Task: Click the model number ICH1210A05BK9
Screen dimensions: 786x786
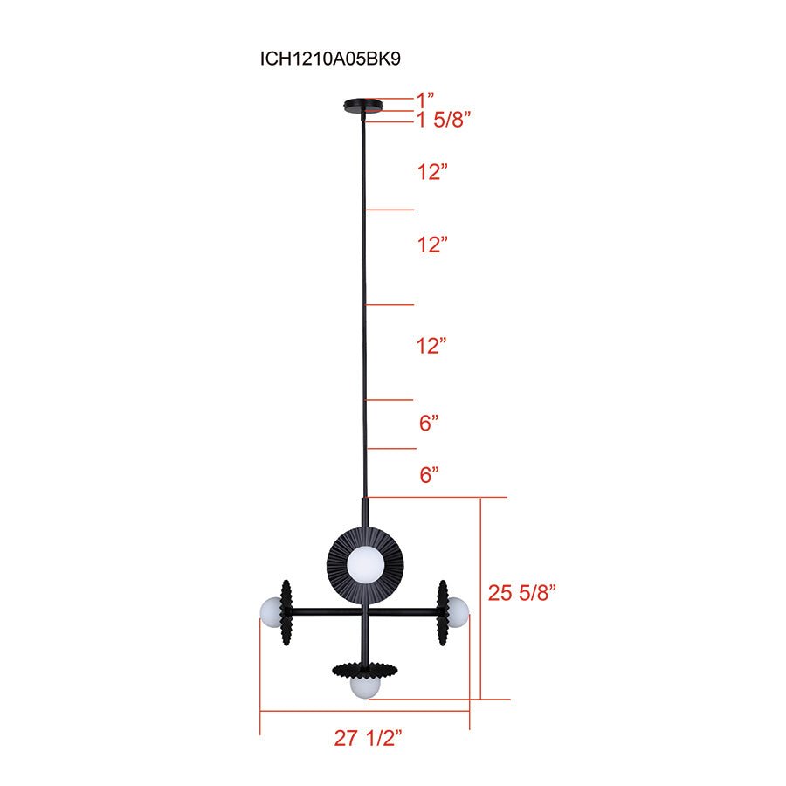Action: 329,59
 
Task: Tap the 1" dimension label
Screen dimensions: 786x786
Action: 425,100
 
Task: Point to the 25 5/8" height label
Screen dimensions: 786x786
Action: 522,592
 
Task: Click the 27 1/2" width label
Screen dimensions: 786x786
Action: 367,738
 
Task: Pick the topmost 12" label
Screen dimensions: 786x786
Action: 432,172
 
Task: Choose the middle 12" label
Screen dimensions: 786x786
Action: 432,245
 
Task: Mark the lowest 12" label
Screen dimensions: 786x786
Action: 432,346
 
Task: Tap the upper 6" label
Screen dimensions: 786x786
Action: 428,424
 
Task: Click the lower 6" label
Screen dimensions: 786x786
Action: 428,475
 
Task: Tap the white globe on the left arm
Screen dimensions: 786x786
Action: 271,610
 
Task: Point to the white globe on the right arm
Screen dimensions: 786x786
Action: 457,608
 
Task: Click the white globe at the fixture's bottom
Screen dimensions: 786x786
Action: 364,686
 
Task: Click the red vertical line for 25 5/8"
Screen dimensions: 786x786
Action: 481,598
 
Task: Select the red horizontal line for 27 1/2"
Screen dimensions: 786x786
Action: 365,711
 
